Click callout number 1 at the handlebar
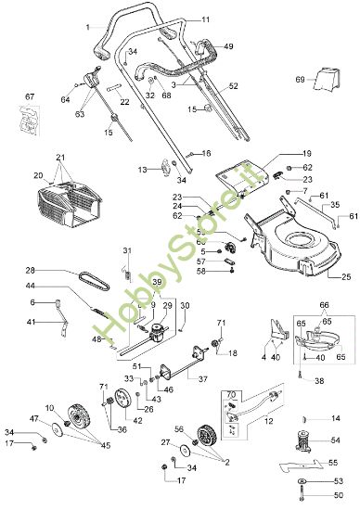[x=89, y=28]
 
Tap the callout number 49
[x=228, y=46]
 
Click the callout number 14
[x=336, y=418]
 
